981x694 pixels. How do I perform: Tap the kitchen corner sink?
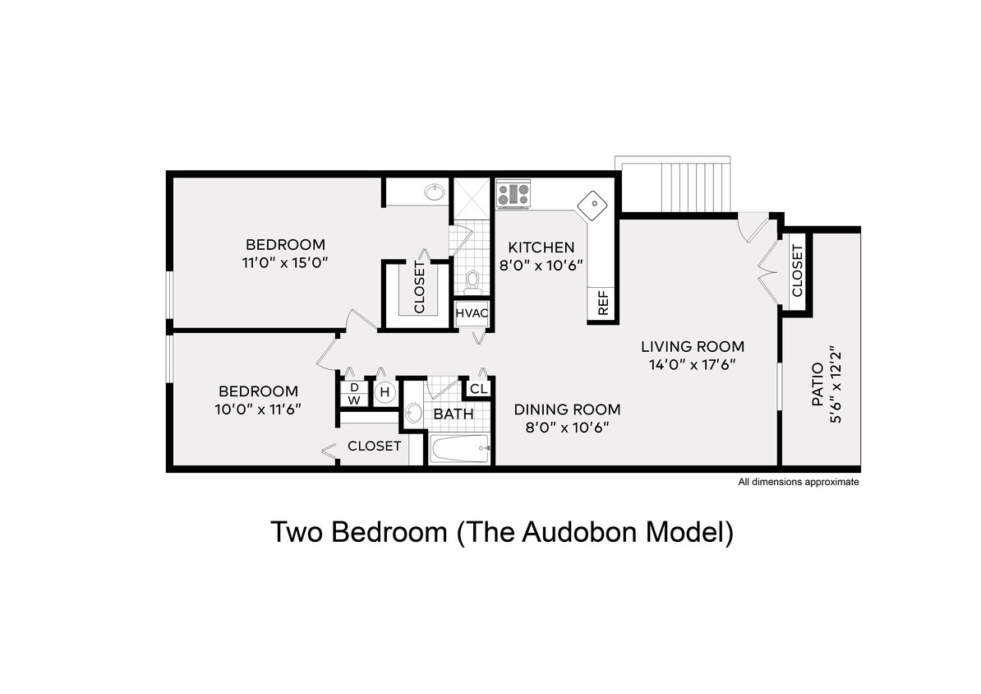click(592, 204)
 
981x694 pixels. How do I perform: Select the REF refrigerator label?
click(602, 303)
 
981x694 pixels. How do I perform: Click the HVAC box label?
click(472, 313)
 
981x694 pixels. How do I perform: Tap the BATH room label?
click(454, 414)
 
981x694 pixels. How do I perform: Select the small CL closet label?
click(479, 388)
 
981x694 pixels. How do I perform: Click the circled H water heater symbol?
click(384, 392)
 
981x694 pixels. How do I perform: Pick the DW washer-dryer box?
click(354, 393)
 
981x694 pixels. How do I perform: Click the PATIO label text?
click(817, 384)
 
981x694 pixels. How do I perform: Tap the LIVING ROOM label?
click(693, 346)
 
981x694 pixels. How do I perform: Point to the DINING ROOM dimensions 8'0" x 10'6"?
click(567, 428)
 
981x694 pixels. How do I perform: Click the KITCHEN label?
click(541, 248)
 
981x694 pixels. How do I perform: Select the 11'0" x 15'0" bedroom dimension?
click(285, 263)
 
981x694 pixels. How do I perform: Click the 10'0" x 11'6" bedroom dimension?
click(257, 409)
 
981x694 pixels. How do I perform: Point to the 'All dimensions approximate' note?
click(798, 482)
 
